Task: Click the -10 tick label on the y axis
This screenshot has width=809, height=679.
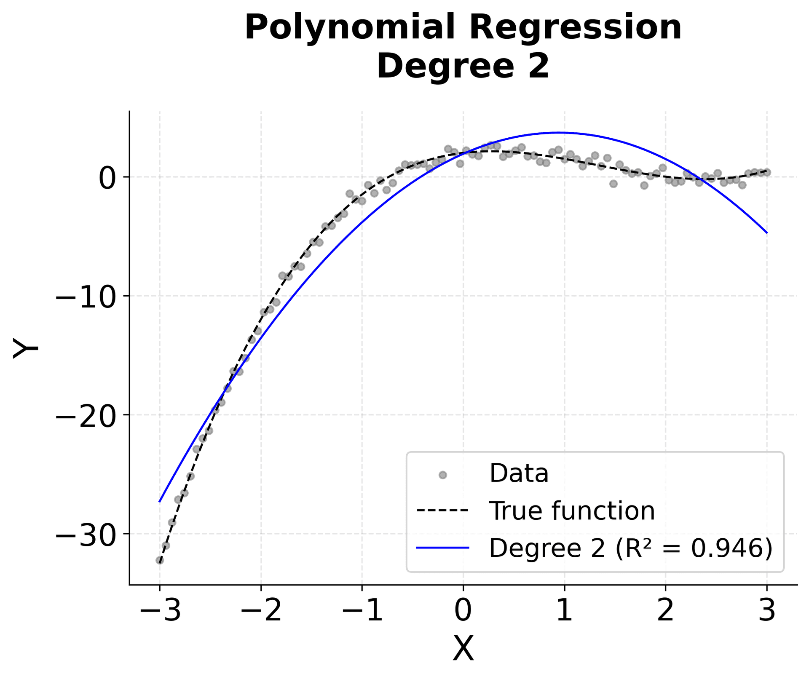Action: tap(86, 296)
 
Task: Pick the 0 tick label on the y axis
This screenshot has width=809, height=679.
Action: tap(107, 177)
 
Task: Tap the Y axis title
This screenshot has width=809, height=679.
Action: tap(25, 348)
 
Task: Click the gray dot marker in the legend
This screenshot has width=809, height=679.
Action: tap(442, 475)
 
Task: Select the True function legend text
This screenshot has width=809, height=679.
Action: tap(572, 511)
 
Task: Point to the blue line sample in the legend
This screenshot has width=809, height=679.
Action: tap(442, 548)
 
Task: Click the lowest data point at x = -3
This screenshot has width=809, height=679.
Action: tap(160, 560)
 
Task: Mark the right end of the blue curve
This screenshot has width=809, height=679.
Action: tap(766, 233)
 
